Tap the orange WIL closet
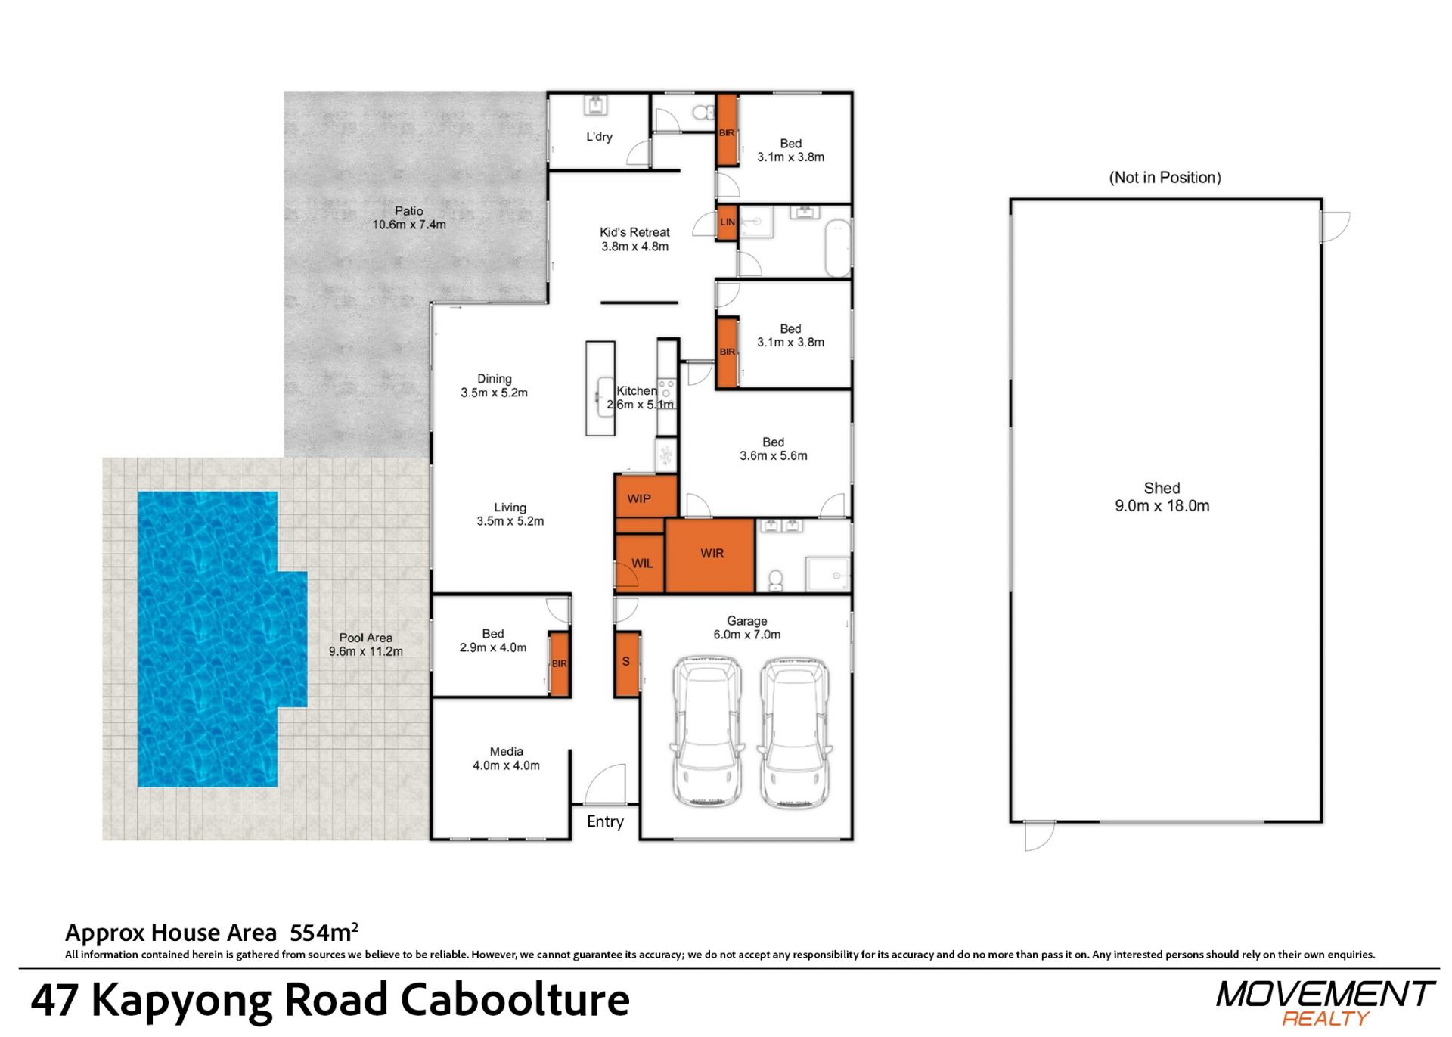click(640, 563)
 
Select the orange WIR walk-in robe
click(710, 554)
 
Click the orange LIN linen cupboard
click(727, 222)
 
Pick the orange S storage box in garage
click(627, 663)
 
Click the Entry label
click(605, 821)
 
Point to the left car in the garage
click(707, 731)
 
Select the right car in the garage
click(795, 731)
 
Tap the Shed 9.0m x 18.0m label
click(1162, 497)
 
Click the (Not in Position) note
click(1165, 178)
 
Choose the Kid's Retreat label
click(634, 239)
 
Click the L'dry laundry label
click(599, 137)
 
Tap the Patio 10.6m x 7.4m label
click(409, 218)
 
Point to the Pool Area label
click(366, 644)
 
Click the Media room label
click(506, 759)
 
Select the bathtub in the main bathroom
click(837, 248)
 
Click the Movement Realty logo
click(1326, 1003)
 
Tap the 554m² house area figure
click(324, 932)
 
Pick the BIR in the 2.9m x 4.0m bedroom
click(560, 663)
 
